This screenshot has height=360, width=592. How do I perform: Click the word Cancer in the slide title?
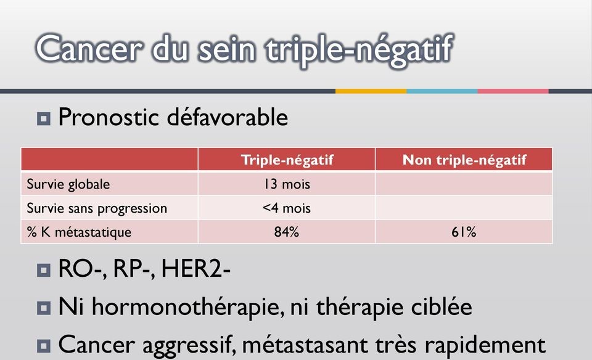coord(89,48)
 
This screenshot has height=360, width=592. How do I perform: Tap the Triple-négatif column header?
coord(287,160)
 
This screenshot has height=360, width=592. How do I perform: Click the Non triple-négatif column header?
coord(464,160)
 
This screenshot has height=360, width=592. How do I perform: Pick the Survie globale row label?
coord(68,184)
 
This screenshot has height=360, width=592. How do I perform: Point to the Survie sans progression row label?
coord(97,208)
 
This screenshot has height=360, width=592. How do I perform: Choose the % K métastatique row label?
coord(80,232)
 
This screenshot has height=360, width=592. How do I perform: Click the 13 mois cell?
coord(287,184)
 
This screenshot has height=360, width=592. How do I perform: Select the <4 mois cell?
coord(287,208)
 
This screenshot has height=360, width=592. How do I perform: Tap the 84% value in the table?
coord(287,232)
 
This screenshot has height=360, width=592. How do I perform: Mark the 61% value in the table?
coord(464,232)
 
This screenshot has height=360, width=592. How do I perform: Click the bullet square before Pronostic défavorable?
coord(44,119)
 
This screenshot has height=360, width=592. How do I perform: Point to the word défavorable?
coord(228,117)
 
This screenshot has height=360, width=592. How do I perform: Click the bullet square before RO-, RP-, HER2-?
coord(44,270)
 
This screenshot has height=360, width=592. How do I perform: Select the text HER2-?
coord(196,269)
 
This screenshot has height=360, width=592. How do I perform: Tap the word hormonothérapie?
coord(188,307)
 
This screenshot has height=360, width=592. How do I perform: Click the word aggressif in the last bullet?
coord(189,346)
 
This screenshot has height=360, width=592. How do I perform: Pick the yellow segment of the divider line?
coord(371,91)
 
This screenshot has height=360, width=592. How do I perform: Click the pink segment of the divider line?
coord(513,91)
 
